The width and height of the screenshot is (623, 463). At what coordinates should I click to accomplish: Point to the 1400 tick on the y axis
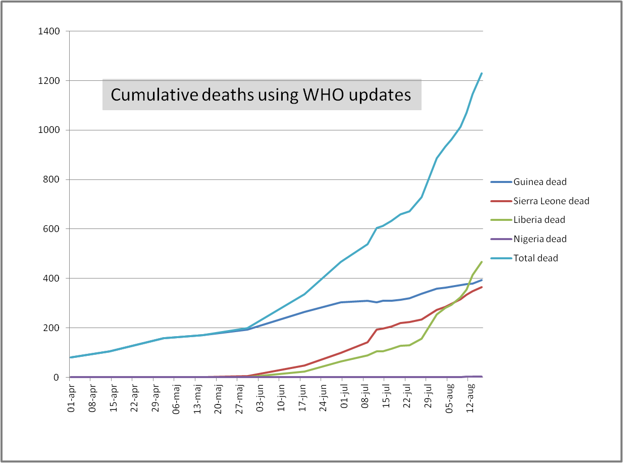49,32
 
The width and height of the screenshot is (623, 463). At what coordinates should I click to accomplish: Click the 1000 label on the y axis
49,130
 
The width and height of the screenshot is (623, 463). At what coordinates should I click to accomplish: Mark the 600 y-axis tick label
51,229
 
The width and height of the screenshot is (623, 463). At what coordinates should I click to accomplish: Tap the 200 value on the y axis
51,328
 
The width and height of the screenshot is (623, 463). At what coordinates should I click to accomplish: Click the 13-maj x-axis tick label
198,399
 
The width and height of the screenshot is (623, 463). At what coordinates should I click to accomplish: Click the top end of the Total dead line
482,73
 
